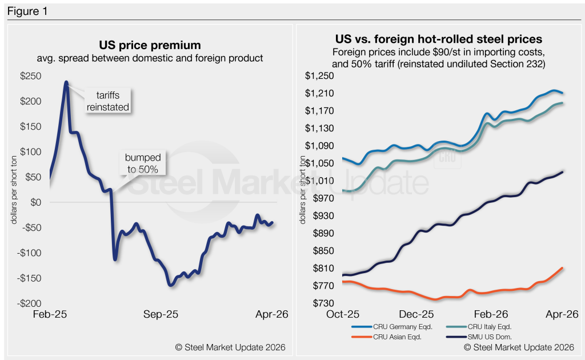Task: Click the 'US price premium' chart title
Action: pos(150,45)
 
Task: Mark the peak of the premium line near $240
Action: pos(66,82)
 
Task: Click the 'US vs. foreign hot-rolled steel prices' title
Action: pos(438,40)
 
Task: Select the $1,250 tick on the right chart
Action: pos(318,76)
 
